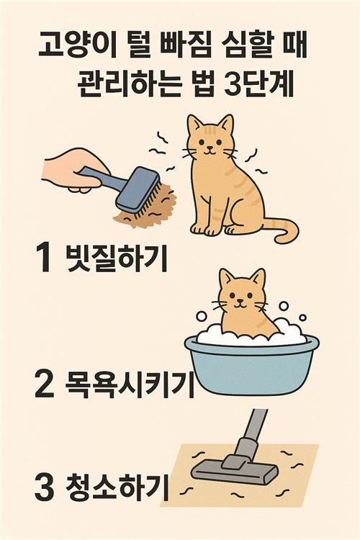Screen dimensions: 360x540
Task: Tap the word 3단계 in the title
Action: click(258, 84)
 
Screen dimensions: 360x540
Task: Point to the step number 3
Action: click(45, 487)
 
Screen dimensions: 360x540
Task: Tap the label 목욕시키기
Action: click(129, 385)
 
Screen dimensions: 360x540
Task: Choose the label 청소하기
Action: click(117, 487)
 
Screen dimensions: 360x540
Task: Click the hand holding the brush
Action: click(74, 170)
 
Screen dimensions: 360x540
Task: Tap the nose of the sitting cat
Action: click(209, 147)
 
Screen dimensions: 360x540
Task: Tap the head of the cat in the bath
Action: click(242, 291)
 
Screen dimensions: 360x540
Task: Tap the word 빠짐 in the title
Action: click(186, 45)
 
